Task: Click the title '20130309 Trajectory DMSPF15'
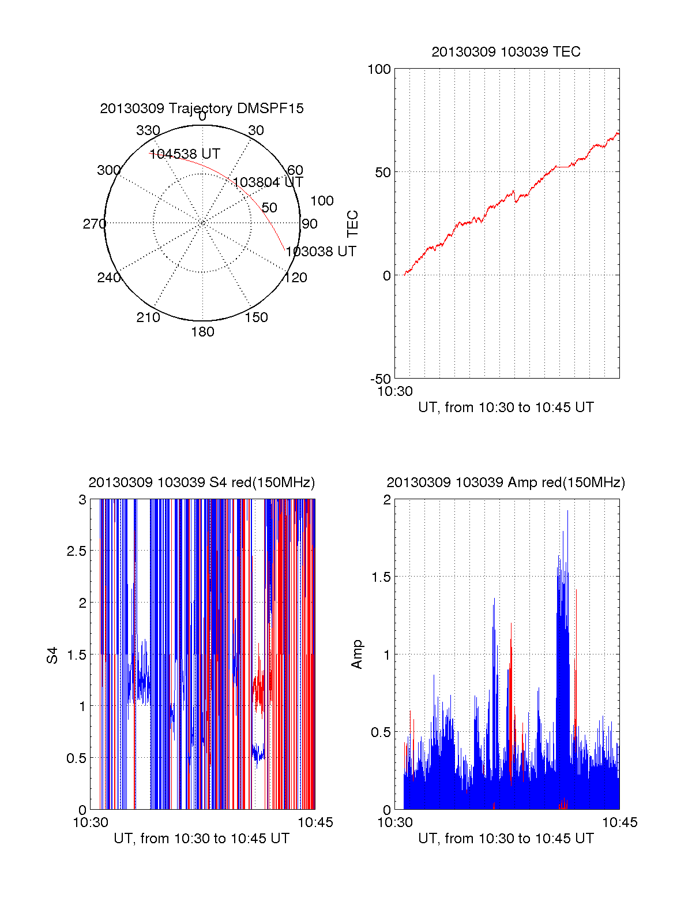202,109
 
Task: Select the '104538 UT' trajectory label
185,154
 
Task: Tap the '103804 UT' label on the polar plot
268,183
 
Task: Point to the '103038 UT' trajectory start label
321,252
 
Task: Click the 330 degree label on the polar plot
148,130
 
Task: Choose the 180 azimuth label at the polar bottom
202,332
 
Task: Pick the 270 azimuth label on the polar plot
94,224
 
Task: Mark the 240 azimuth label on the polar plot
108,278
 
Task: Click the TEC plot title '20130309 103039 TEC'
506,52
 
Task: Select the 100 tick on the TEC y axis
379,69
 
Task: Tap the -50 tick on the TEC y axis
380,379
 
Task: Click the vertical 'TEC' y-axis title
353,224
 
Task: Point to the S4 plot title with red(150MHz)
201,482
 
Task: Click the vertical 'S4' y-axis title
52,656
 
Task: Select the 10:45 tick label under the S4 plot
315,822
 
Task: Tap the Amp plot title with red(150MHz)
506,482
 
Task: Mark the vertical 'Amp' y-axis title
357,654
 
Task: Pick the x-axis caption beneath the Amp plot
506,839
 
